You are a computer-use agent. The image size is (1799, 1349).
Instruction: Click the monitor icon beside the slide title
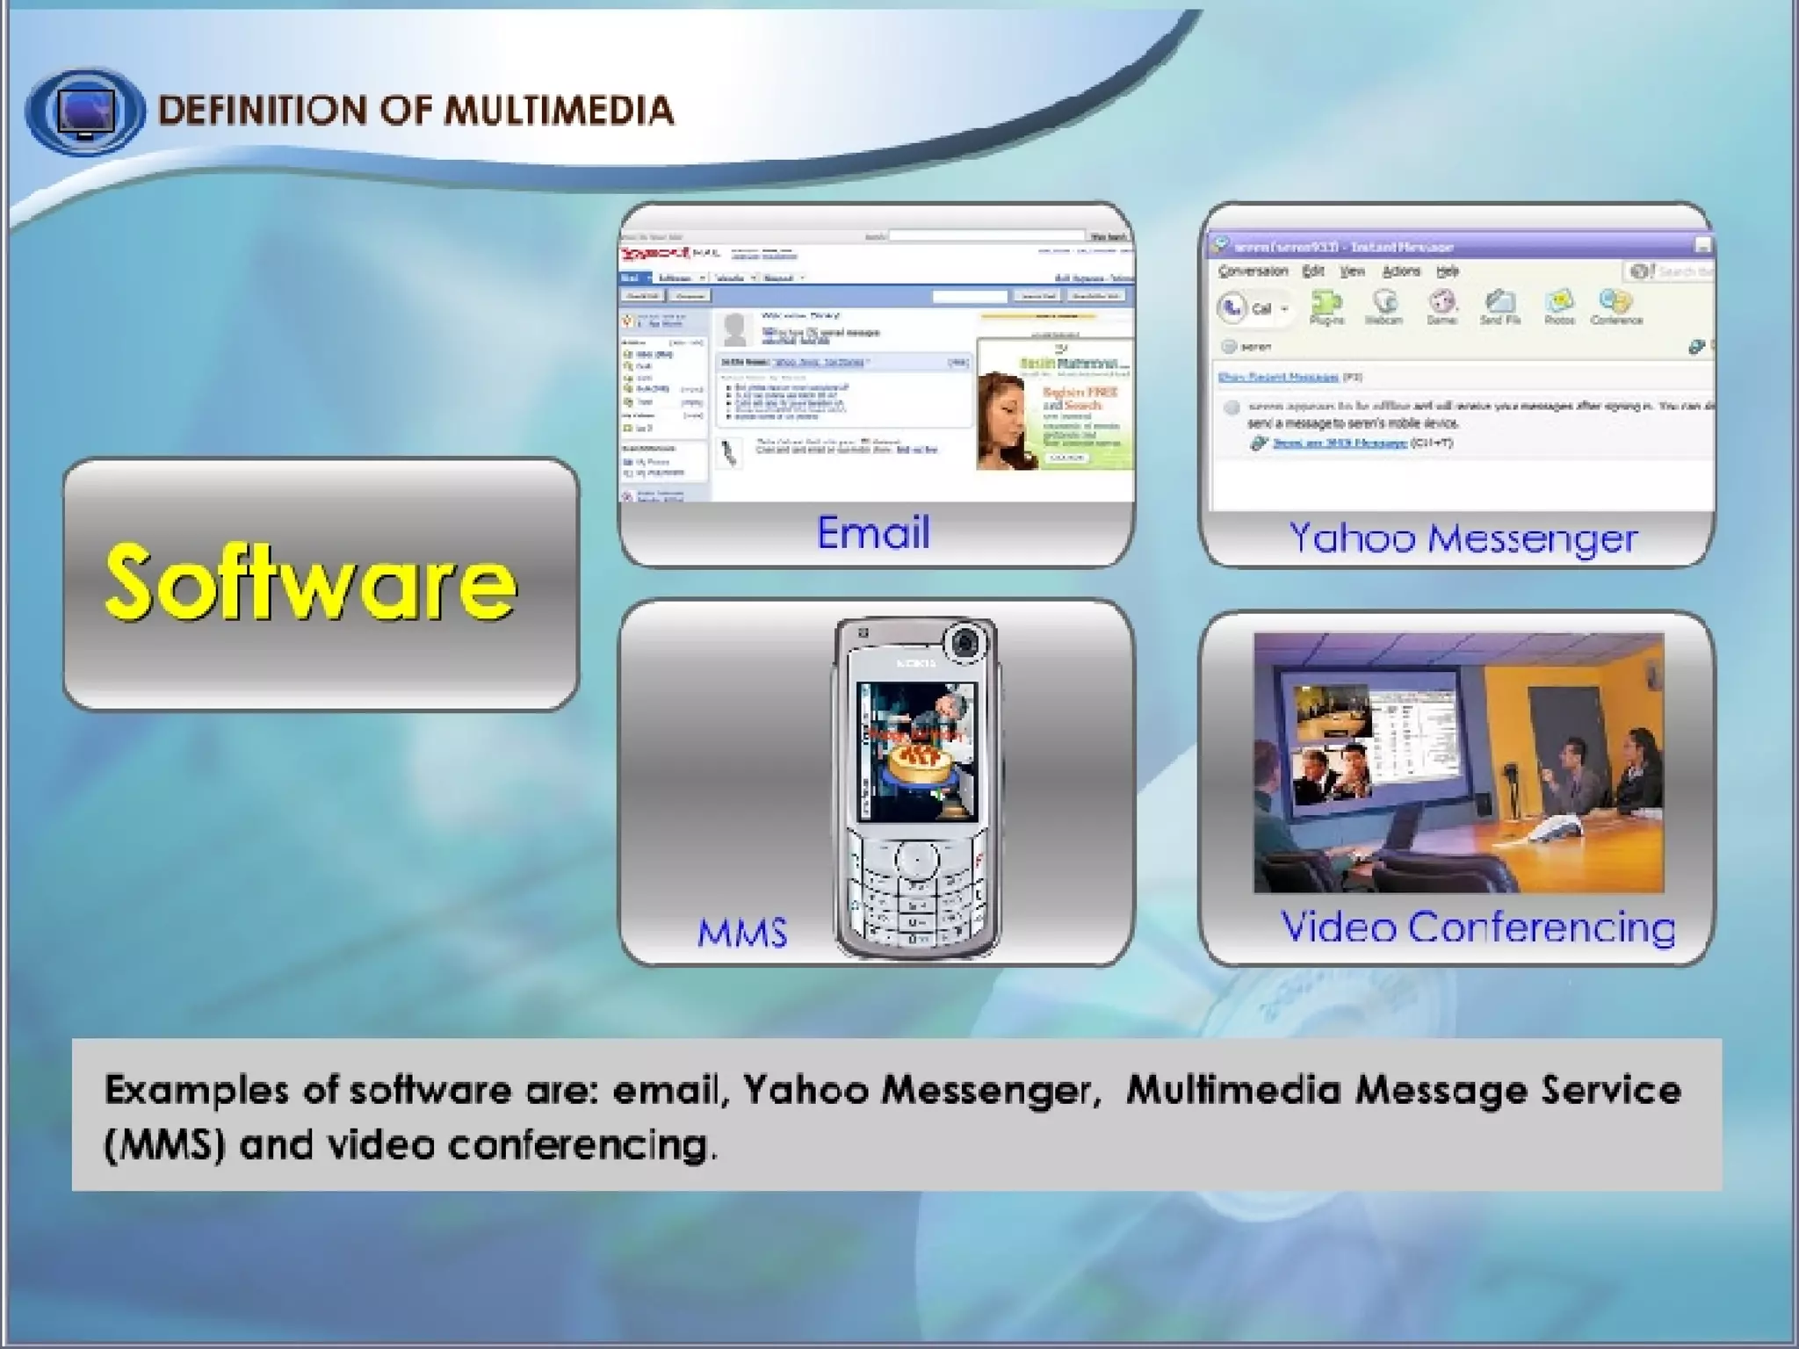point(85,111)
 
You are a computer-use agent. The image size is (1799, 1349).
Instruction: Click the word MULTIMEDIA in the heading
point(559,111)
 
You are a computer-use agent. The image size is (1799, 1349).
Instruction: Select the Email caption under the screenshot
point(873,532)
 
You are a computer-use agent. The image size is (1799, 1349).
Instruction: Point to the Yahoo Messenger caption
point(1463,537)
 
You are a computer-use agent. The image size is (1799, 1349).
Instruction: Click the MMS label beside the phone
point(742,933)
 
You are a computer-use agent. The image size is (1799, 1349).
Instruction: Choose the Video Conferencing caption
point(1477,927)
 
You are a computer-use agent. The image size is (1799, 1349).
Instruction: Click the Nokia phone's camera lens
point(966,643)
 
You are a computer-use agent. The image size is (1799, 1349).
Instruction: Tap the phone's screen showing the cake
point(917,752)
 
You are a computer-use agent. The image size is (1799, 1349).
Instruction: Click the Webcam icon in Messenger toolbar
point(1384,306)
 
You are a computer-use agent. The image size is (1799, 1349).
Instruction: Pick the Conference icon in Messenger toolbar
point(1615,306)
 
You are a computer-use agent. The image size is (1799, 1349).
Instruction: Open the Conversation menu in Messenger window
point(1253,271)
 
